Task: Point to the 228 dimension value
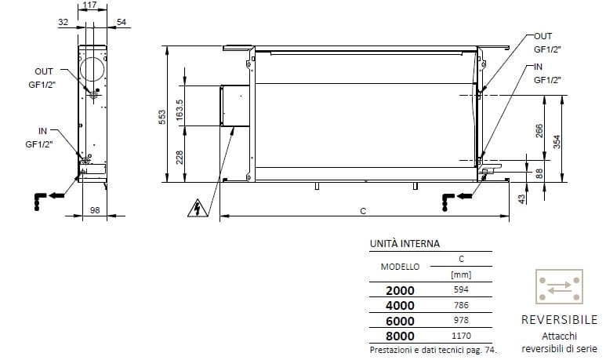[180, 158]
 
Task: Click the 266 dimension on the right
[539, 131]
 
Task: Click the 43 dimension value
[521, 199]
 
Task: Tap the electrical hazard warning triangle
[198, 209]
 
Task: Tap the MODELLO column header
[400, 266]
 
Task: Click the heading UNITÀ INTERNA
[405, 244]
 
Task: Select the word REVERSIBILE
[559, 320]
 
